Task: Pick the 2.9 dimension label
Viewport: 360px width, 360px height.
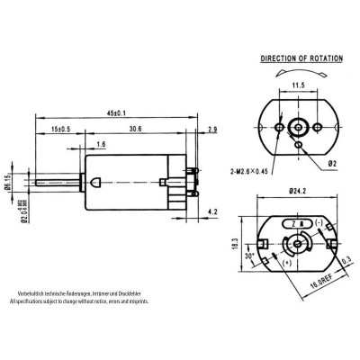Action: click(x=211, y=130)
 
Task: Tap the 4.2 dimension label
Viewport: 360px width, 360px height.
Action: click(x=211, y=211)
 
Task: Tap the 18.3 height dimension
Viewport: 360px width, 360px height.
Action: click(x=235, y=245)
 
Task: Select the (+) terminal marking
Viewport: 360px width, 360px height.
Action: click(x=287, y=262)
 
